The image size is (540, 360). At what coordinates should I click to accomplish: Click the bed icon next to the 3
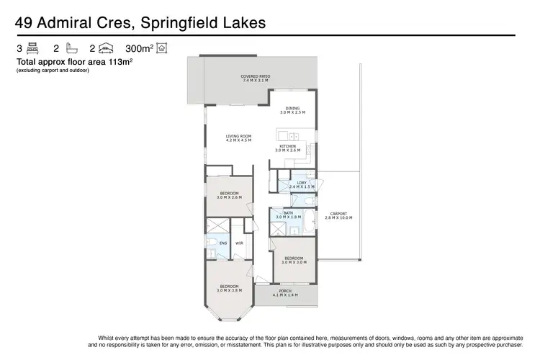pyautogui.click(x=32, y=49)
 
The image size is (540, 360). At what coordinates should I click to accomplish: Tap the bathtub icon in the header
pyautogui.click(x=71, y=49)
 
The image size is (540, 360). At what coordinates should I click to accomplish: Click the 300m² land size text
pyautogui.click(x=139, y=49)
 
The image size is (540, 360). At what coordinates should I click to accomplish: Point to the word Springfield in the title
pyautogui.click(x=186, y=23)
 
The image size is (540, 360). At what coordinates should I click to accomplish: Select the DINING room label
pyautogui.click(x=292, y=110)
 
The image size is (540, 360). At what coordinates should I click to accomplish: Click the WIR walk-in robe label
pyautogui.click(x=238, y=243)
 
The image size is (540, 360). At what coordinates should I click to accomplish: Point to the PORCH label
pyautogui.click(x=285, y=292)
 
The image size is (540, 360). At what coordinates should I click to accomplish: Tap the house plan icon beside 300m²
pyautogui.click(x=161, y=49)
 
